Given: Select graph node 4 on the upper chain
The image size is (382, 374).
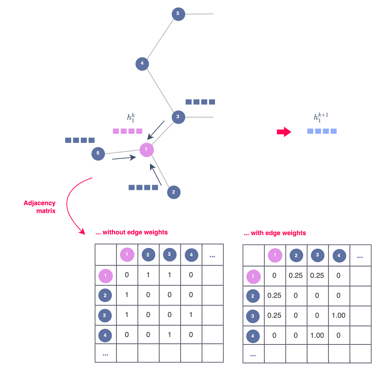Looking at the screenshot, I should pos(142,64).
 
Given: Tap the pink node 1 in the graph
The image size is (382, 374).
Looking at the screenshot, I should pos(147,149).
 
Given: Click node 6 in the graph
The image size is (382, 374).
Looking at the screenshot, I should pos(98,153).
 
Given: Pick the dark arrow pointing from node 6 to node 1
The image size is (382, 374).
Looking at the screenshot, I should pos(124,158).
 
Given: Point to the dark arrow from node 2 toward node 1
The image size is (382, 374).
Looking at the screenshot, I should pos(156,175).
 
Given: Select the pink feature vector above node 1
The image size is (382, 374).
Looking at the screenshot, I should pos(127,131).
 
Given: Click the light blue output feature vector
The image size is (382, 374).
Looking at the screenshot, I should pos(322,131).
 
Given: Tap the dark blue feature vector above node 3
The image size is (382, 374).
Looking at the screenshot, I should pos(200,102).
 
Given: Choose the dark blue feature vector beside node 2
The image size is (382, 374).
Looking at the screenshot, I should pos(143,187).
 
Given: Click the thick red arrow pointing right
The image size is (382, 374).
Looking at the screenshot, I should pos(284,132).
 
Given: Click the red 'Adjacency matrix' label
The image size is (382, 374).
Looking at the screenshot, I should pos(40,207).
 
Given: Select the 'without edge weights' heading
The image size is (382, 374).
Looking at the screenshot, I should pos(132,232).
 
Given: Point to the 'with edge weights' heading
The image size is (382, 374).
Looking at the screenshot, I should pos(275,233).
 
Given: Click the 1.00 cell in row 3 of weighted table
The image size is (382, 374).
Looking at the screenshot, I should pos(339,316).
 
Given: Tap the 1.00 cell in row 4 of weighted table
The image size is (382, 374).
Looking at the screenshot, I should pos(317,336).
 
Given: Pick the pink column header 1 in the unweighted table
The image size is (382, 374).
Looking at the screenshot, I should pos(127,255).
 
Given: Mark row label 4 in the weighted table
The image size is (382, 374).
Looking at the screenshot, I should pos(253,336).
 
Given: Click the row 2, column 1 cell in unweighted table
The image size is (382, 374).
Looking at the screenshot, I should pos(127,295).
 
